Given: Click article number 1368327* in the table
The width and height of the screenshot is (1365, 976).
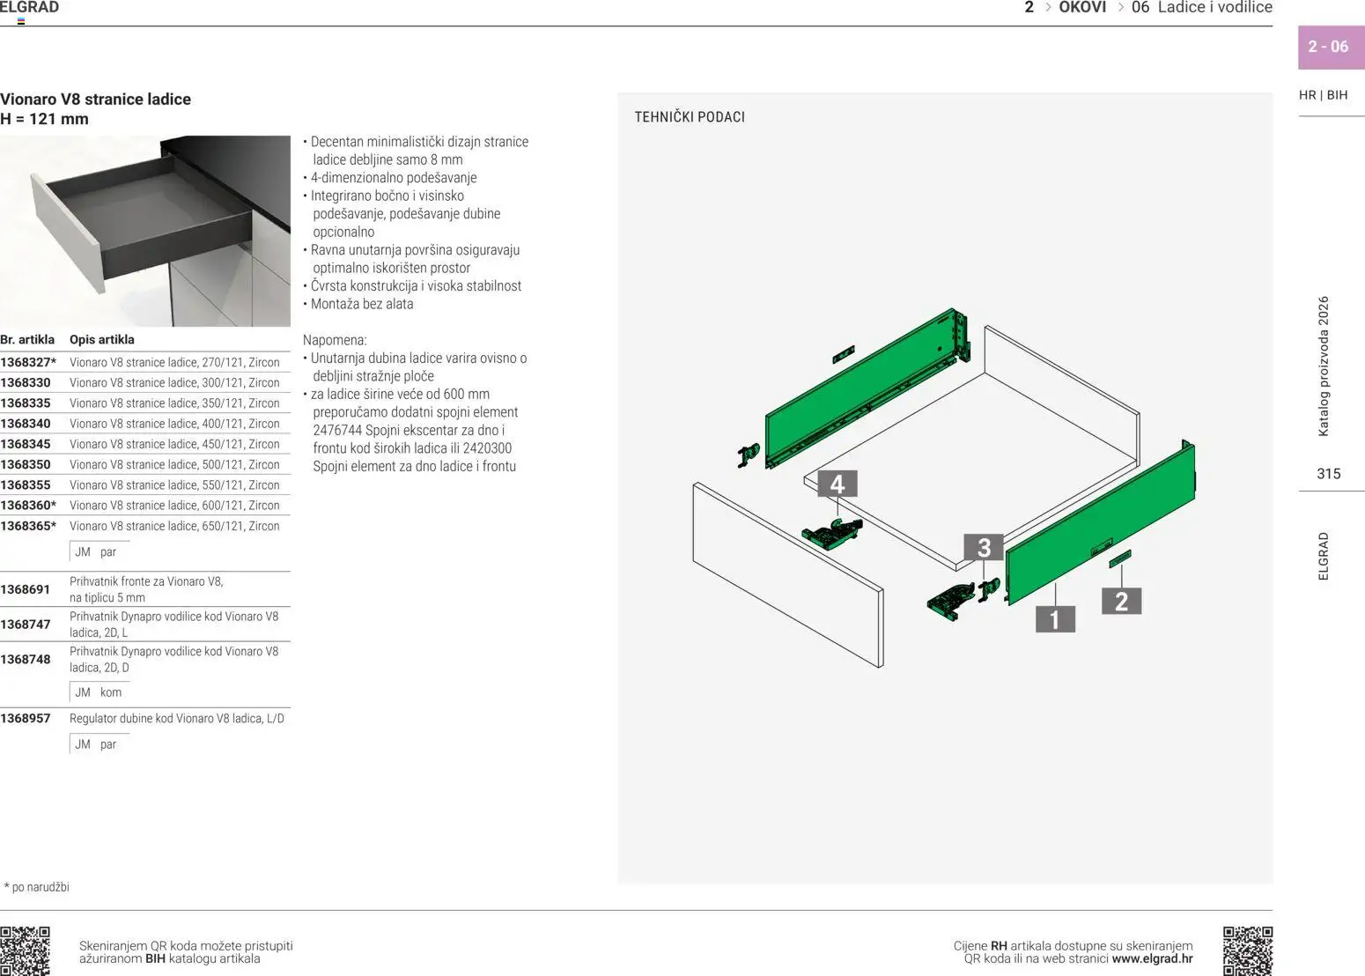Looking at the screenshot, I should click(x=28, y=362).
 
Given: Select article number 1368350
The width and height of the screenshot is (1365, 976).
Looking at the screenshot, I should click(x=26, y=464).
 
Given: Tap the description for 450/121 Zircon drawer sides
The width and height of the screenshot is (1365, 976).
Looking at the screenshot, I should click(x=174, y=444).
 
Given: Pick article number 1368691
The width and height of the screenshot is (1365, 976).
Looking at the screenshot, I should click(x=26, y=589).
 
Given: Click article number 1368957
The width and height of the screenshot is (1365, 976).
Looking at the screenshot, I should click(x=26, y=718).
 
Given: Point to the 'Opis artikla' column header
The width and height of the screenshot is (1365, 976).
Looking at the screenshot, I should click(x=102, y=339).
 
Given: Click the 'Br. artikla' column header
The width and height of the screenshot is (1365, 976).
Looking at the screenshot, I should click(x=27, y=339).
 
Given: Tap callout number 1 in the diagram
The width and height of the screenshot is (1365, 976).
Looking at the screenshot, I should click(x=1055, y=619).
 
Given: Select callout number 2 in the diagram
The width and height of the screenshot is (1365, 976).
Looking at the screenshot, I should click(x=1121, y=602).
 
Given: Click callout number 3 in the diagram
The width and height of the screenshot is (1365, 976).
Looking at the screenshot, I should click(x=984, y=548).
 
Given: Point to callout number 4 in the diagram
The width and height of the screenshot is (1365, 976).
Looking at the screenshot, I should click(x=837, y=484).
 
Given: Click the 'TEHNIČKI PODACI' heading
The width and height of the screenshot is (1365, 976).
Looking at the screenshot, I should click(x=690, y=117).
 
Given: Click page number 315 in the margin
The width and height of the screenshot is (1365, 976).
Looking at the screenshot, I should click(x=1328, y=474).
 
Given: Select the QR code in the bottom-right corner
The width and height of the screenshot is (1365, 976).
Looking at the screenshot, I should click(x=1247, y=950).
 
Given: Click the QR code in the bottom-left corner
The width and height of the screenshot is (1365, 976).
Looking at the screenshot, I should click(x=26, y=950).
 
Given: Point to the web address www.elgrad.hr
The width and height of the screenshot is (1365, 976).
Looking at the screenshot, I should click(x=1152, y=958).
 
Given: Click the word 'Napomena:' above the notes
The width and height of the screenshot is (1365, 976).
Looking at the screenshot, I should click(x=335, y=340).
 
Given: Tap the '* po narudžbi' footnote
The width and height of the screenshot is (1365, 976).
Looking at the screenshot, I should click(x=37, y=887).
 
